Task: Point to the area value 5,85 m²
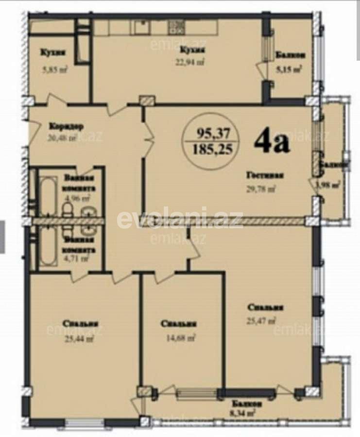(54, 70)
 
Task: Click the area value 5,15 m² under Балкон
(289, 69)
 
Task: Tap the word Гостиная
(264, 176)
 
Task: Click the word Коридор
(66, 127)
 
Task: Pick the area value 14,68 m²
(180, 337)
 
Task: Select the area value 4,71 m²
(76, 258)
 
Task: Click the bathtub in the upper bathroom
(48, 193)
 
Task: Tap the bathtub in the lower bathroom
(48, 250)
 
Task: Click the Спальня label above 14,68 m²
(179, 324)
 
